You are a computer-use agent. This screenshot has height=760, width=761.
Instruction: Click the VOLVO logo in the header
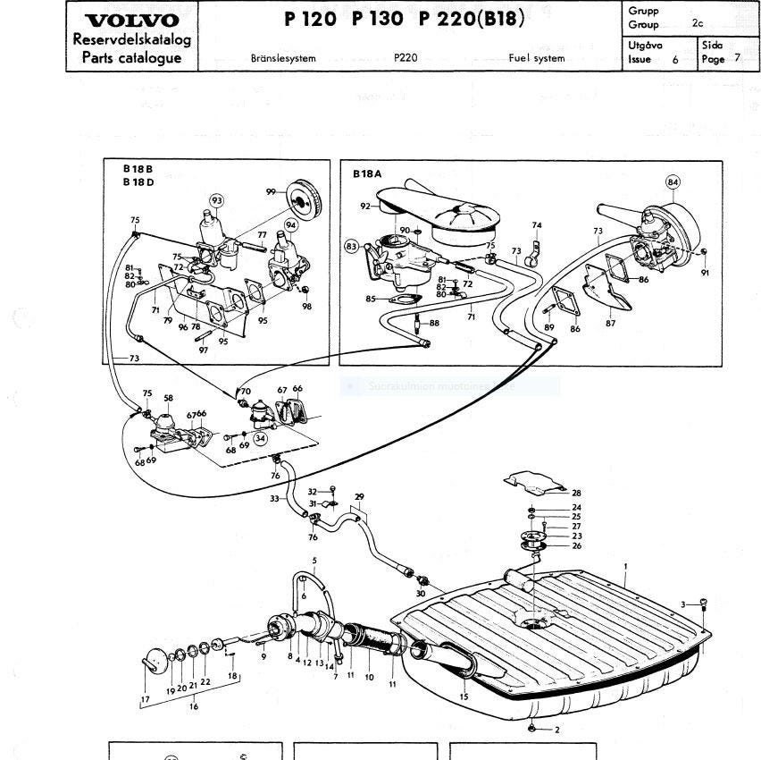[x=130, y=21]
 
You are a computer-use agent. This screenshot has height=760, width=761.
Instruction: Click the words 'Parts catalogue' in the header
[x=130, y=58]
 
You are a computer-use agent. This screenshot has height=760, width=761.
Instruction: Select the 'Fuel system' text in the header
[x=536, y=58]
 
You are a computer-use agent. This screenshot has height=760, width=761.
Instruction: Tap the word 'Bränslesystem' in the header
[x=283, y=58]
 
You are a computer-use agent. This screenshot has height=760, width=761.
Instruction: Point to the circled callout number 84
[x=673, y=182]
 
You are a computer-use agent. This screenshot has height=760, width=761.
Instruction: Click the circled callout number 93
[x=217, y=199]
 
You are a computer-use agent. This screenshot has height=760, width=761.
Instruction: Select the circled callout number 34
[x=260, y=438]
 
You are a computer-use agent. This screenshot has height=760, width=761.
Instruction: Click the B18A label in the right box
[x=366, y=174]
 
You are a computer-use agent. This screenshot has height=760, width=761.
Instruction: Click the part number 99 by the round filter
[x=270, y=192]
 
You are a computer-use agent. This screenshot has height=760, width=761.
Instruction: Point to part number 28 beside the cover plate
[x=576, y=493]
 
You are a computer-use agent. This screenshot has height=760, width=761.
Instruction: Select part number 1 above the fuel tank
[x=626, y=566]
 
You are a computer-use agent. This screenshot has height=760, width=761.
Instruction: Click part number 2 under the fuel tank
[x=557, y=730]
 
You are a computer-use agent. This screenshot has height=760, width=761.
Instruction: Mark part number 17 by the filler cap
[x=146, y=699]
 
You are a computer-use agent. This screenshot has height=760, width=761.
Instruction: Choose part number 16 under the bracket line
[x=194, y=706]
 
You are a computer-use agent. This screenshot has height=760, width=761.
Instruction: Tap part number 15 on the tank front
[x=464, y=697]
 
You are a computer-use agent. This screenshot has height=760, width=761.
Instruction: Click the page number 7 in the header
[x=737, y=59]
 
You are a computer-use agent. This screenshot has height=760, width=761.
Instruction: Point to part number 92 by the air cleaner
[x=364, y=207]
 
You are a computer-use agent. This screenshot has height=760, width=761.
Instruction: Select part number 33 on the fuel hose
[x=274, y=499]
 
